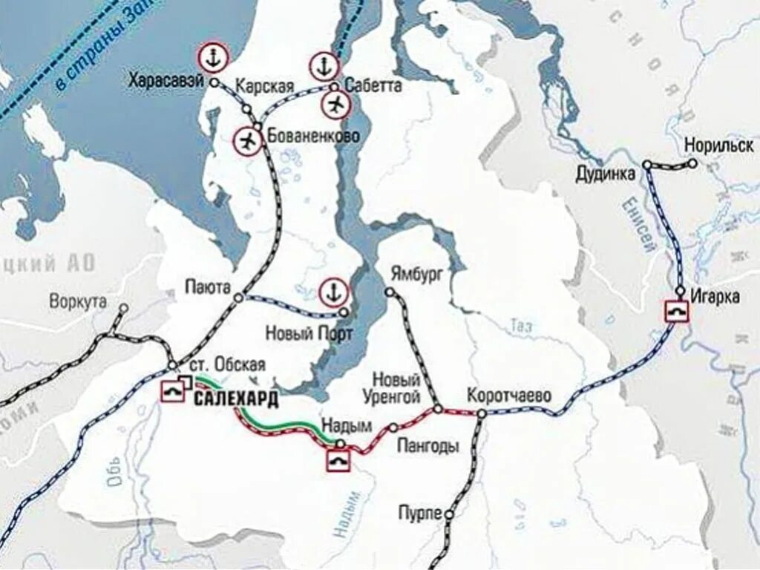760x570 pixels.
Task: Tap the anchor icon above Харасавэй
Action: pos(212,57)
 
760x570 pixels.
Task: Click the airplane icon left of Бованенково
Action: pos(248,140)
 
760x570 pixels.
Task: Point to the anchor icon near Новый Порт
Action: pos(333,292)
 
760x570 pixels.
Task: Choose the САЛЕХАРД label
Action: pos(237,399)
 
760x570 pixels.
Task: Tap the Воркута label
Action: pos(78,302)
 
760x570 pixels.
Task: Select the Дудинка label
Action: pos(606,174)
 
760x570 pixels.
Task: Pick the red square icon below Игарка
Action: pos(676,310)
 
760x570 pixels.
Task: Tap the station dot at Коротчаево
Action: pos(482,413)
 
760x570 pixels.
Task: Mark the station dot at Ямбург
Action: pos(388,292)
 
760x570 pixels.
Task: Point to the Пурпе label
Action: pos(420,513)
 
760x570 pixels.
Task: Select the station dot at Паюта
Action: pos(238,298)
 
